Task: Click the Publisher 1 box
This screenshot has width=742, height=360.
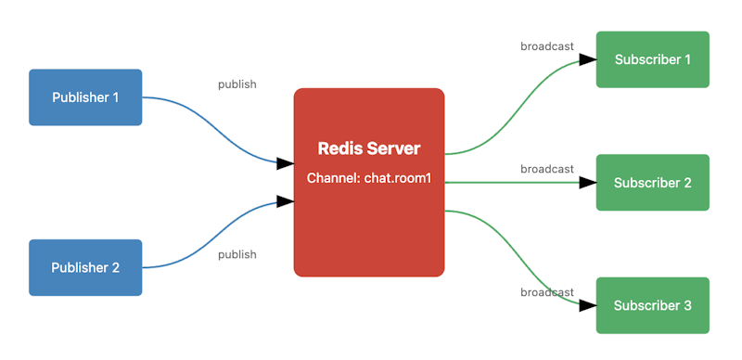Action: coord(85,97)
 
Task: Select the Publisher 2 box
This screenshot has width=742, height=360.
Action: coord(85,267)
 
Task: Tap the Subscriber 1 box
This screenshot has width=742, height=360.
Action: coord(652,59)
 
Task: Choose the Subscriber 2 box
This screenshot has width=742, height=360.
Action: coord(652,183)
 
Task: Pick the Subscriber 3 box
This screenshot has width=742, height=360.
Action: coord(652,305)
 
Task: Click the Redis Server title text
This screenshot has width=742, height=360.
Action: coord(369,148)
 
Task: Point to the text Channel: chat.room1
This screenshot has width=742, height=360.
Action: coord(369,177)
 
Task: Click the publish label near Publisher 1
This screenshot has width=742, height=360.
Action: coord(237,84)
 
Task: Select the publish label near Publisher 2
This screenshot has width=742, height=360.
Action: coord(237,254)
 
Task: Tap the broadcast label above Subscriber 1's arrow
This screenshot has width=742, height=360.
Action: coord(546,46)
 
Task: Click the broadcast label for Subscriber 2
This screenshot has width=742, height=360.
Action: coord(546,169)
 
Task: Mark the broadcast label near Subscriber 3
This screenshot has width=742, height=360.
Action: coord(546,292)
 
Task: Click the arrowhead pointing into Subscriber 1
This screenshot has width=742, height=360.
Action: coord(586,59)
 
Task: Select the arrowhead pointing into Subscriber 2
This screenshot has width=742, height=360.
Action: coord(586,183)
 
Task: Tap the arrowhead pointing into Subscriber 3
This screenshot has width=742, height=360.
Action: coord(586,305)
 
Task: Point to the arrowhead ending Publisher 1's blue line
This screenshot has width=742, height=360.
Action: coord(285,163)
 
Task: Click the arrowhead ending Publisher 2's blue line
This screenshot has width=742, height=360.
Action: coord(285,201)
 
